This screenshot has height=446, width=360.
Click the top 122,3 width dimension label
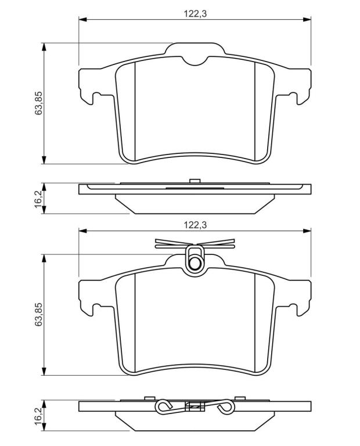(x=195, y=13)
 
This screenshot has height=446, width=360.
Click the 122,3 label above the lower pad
(x=195, y=225)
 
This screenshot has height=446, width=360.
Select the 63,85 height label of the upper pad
(x=38, y=103)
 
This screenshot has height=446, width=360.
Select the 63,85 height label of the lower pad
(x=38, y=314)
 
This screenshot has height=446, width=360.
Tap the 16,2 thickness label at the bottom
(x=38, y=416)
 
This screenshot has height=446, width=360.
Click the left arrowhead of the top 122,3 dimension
(x=82, y=19)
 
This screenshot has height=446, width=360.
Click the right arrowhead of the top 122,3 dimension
(x=307, y=19)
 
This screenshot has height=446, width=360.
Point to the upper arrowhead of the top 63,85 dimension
(x=44, y=47)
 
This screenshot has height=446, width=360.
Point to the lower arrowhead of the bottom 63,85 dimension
(x=44, y=371)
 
